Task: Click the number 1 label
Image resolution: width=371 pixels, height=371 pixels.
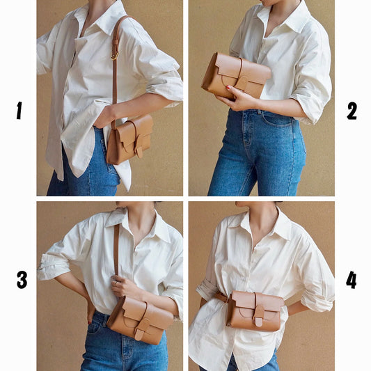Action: coord(19,110)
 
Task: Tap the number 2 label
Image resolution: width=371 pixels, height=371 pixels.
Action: coord(352,110)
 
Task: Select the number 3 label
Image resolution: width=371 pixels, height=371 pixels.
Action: coord(22,280)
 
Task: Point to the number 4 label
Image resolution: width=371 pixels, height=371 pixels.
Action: coord(352,280)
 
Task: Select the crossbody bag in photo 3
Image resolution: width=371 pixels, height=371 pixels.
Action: coord(140,317)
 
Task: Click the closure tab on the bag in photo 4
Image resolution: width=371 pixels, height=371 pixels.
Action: coord(259,315)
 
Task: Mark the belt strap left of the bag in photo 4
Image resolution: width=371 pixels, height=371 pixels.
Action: coord(220,297)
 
